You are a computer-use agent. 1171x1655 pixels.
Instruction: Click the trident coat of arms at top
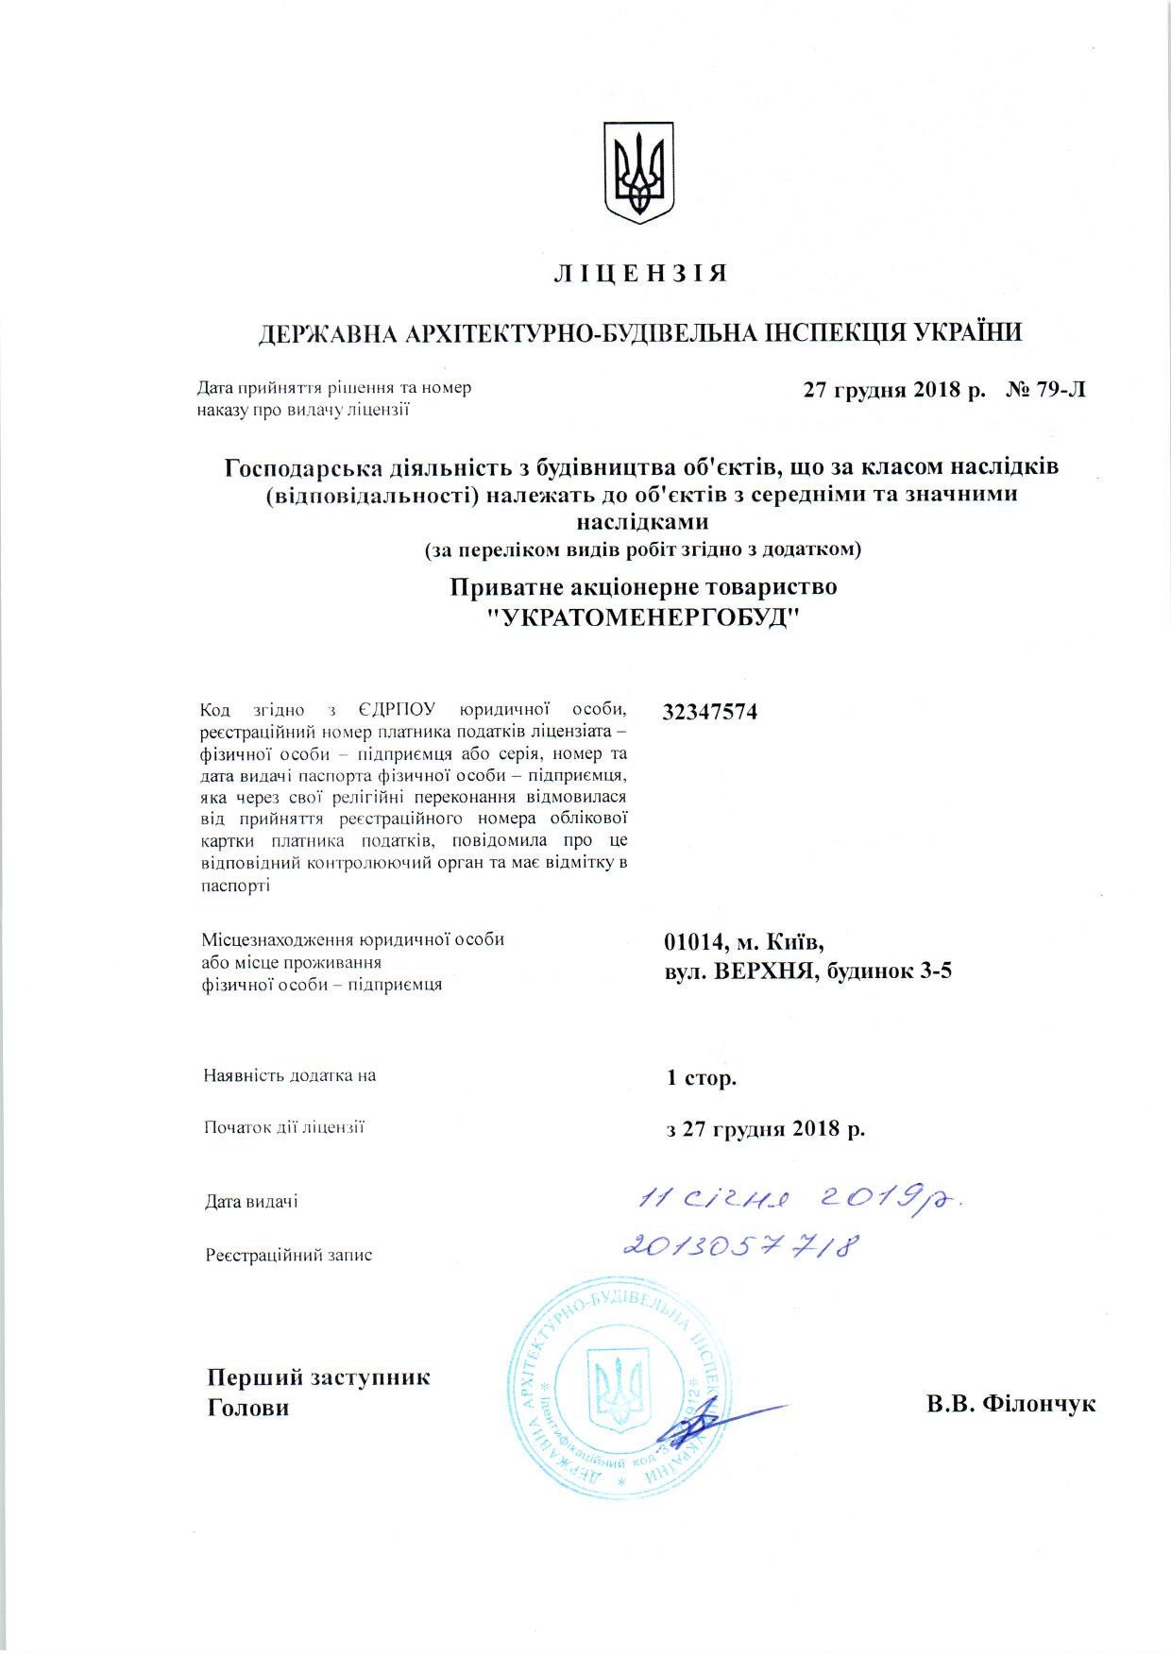click(639, 172)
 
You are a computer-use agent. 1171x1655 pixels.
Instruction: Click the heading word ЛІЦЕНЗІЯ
click(639, 274)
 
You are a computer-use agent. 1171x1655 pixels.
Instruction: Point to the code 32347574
click(710, 712)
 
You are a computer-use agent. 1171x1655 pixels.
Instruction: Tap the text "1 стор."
click(702, 1077)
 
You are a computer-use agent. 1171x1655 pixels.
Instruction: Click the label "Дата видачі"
click(251, 1202)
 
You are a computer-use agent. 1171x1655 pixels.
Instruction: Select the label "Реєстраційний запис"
click(289, 1256)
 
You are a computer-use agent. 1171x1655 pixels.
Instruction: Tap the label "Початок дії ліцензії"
click(284, 1127)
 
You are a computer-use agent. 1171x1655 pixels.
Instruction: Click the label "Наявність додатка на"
click(289, 1075)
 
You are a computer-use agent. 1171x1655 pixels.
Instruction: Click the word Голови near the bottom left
click(248, 1408)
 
